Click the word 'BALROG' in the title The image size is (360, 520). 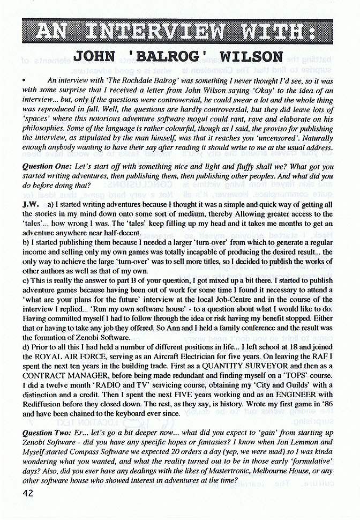[156, 56]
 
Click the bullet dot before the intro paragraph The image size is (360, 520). [25, 79]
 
